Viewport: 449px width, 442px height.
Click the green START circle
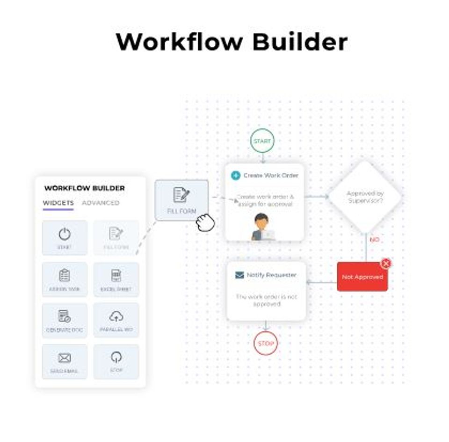click(x=262, y=141)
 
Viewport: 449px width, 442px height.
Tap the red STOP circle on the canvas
click(x=266, y=344)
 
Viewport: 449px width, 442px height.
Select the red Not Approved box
click(x=362, y=277)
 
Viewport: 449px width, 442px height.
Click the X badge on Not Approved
click(x=386, y=264)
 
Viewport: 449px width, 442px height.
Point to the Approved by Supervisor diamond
click(x=365, y=197)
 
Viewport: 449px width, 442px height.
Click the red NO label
click(x=374, y=240)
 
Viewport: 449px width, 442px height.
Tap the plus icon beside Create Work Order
click(x=236, y=176)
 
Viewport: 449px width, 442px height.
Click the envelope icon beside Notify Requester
click(x=239, y=275)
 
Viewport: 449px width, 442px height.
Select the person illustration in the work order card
click(x=262, y=228)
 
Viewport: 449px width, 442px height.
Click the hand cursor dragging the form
click(x=205, y=222)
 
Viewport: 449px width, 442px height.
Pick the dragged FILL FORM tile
click(x=181, y=200)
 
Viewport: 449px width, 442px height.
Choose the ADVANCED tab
click(x=101, y=203)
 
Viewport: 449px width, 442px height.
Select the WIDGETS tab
click(x=58, y=203)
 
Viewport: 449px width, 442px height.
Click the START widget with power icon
click(x=65, y=237)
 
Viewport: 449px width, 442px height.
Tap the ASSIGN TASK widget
click(x=65, y=279)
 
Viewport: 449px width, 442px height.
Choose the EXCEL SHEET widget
click(x=116, y=279)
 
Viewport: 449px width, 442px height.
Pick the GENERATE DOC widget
click(x=65, y=320)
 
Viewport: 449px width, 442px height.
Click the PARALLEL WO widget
click(x=116, y=320)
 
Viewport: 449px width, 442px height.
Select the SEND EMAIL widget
click(x=65, y=361)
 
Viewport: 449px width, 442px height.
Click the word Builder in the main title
click(x=300, y=42)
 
